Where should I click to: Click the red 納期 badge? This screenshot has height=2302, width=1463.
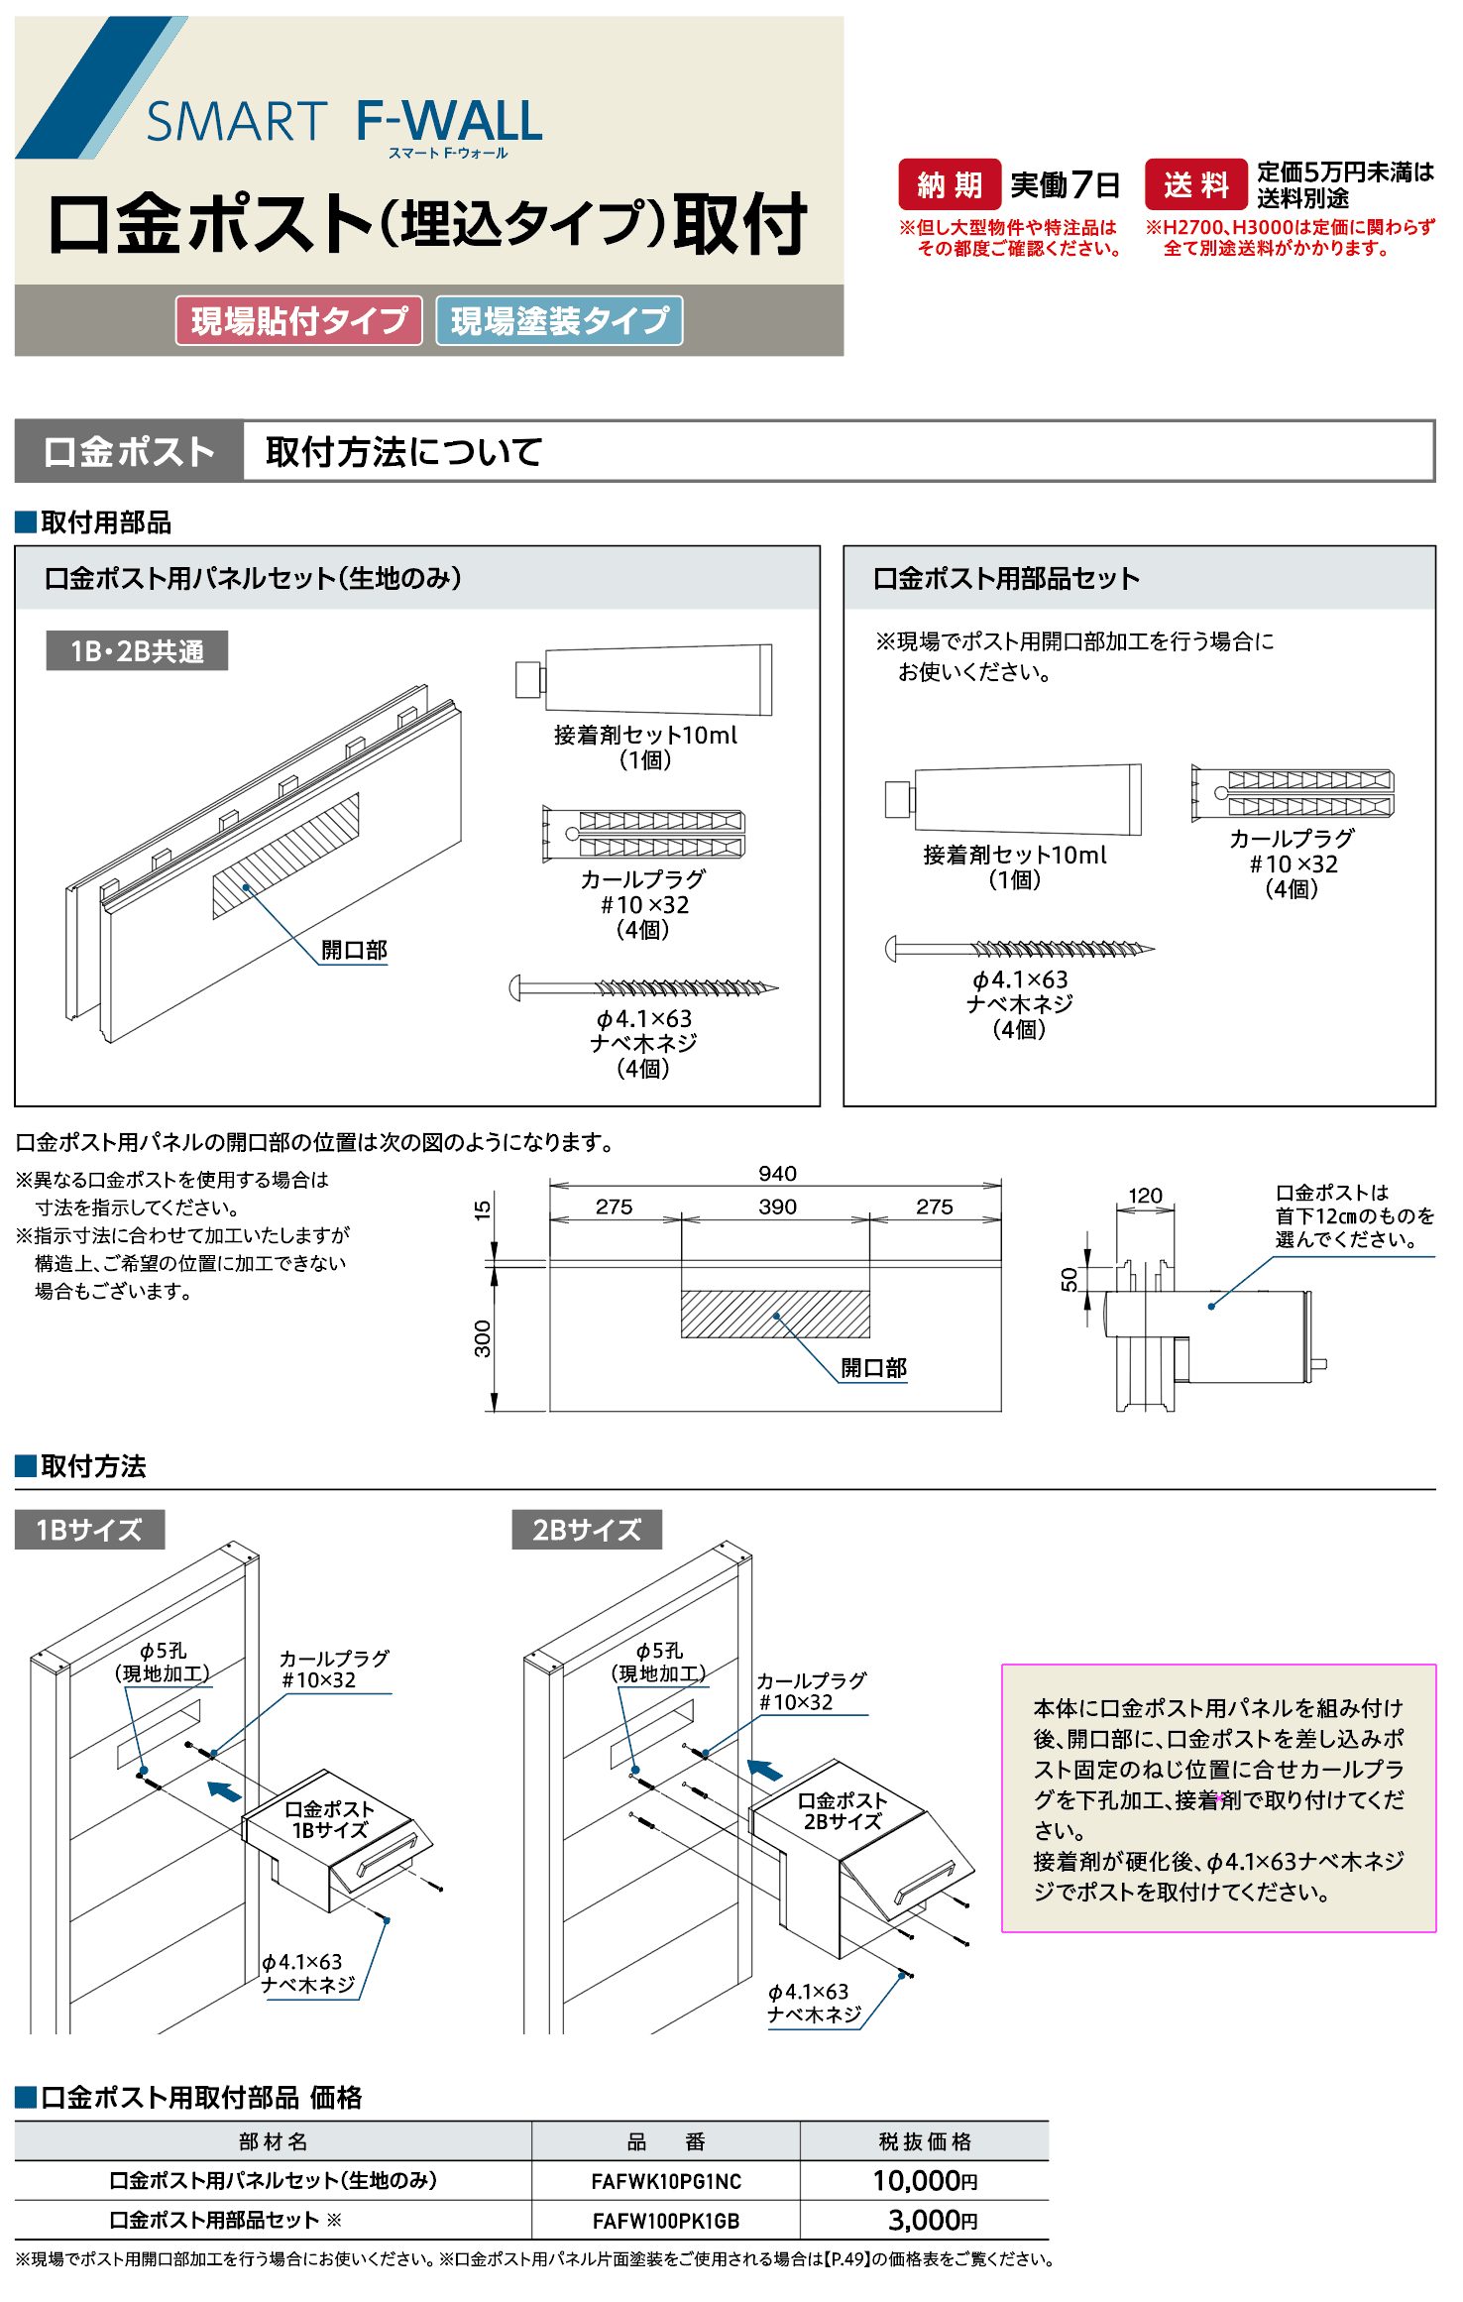click(x=949, y=184)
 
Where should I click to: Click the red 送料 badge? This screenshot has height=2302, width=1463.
click(x=1195, y=184)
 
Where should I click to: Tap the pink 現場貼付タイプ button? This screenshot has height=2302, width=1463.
click(x=298, y=320)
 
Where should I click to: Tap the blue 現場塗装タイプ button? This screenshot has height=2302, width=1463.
click(x=559, y=320)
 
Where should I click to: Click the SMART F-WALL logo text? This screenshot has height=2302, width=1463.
click(x=344, y=123)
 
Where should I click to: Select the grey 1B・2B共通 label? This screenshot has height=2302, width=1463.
click(x=137, y=650)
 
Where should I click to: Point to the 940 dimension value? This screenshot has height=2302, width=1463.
click(x=777, y=1174)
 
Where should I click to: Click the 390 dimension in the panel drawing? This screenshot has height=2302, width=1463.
click(x=777, y=1207)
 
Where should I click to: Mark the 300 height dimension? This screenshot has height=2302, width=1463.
click(x=483, y=1338)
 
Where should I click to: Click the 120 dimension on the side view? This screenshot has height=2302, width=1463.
click(x=1145, y=1196)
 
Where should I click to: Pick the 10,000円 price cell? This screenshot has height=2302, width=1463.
click(x=924, y=2180)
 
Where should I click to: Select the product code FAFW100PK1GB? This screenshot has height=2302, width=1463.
click(x=666, y=2221)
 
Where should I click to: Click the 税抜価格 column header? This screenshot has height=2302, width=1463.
click(x=924, y=2141)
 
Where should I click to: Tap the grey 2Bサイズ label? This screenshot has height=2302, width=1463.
click(x=586, y=1530)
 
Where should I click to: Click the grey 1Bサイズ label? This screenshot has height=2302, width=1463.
click(x=89, y=1530)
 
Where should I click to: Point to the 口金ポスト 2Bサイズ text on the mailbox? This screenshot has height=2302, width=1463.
click(x=842, y=1810)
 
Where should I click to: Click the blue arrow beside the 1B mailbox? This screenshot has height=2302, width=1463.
click(x=224, y=1790)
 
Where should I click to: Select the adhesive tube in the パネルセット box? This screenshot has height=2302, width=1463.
click(x=644, y=680)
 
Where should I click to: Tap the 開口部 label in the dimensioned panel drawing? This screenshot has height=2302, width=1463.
click(x=873, y=1368)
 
